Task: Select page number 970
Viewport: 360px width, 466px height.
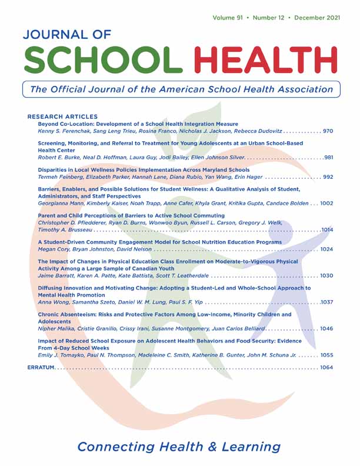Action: coord(326,132)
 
